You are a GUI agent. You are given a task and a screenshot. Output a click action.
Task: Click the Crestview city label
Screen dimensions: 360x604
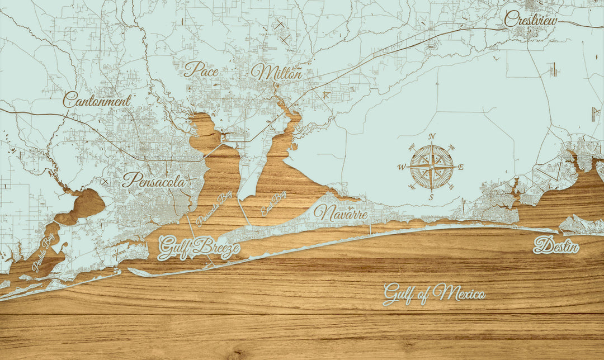pos(531,20)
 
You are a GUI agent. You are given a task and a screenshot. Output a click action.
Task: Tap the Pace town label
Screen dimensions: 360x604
pos(201,69)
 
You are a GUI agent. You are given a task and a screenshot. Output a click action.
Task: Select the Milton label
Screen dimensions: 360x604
pos(276,72)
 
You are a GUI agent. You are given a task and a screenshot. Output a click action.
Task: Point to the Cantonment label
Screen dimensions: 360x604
pos(97,101)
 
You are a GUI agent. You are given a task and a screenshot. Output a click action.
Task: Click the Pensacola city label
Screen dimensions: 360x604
pos(154,181)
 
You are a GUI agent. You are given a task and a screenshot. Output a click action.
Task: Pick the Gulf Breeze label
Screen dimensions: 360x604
pos(199,248)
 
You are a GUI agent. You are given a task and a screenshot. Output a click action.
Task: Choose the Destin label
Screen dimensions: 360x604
pos(556,245)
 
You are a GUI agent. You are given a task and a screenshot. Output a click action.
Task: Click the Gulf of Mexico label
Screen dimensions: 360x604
pos(434,293)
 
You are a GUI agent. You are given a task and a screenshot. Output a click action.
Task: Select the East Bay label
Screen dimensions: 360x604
pos(273,203)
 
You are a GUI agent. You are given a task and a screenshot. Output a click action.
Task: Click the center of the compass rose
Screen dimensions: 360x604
pos(432,166)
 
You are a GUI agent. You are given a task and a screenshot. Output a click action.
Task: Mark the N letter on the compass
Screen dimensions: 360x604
pos(432,137)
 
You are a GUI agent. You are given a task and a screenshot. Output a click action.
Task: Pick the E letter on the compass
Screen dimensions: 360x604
pos(461,167)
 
